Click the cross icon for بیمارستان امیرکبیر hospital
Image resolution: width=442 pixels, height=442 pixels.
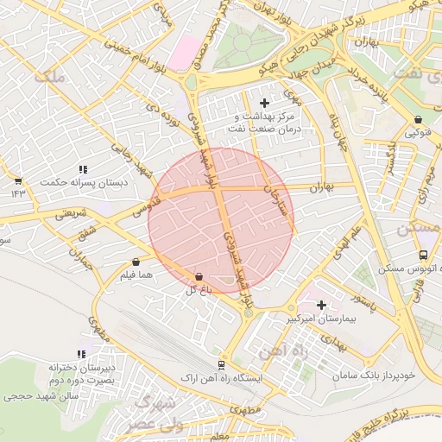(x=322, y=305)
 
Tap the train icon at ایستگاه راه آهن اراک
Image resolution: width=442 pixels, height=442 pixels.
(x=222, y=366)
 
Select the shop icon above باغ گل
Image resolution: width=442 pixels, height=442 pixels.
(x=199, y=276)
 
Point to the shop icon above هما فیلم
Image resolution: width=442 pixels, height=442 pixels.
(x=136, y=262)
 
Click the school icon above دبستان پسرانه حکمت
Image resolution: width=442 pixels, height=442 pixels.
(x=83, y=169)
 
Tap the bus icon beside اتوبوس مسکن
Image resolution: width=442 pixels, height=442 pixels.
(x=423, y=256)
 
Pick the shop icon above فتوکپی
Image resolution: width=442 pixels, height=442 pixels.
(x=418, y=119)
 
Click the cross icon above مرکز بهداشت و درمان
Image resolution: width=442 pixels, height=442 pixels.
(x=264, y=103)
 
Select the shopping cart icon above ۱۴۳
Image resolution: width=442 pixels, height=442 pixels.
(x=17, y=180)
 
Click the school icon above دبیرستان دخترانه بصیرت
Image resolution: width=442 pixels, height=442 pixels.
(x=83, y=354)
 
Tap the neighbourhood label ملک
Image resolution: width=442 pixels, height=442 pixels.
(x=48, y=77)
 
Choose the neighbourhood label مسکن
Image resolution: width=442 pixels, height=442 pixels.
(x=419, y=230)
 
